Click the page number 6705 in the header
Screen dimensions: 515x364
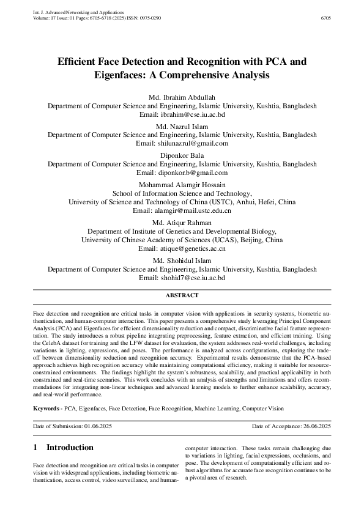click(325, 18)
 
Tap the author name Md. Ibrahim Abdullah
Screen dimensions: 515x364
click(182, 98)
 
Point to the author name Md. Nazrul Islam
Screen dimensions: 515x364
click(182, 126)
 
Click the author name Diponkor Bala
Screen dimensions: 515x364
click(182, 156)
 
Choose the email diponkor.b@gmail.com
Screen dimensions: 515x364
click(198, 173)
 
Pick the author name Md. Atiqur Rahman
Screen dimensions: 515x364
click(182, 223)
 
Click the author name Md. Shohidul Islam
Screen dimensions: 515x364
click(182, 261)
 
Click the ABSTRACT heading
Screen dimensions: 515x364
click(182, 295)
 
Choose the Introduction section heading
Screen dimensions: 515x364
click(70, 447)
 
